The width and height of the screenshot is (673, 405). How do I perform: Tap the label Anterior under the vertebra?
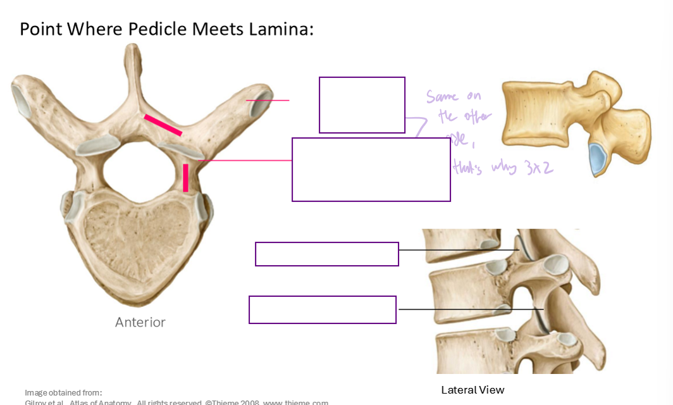pyautogui.click(x=140, y=322)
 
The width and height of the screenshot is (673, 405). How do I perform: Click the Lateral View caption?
pyautogui.click(x=472, y=390)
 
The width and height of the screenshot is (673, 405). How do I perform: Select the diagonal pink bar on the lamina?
pyautogui.click(x=163, y=125)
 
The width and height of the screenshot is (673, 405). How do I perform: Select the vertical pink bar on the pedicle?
pyautogui.click(x=185, y=177)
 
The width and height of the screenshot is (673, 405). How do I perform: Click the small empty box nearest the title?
pyautogui.click(x=362, y=105)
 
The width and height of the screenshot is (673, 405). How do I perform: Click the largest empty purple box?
pyautogui.click(x=371, y=170)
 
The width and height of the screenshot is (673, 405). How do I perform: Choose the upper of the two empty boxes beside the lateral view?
pyautogui.click(x=326, y=254)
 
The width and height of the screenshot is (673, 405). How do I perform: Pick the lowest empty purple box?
pyautogui.click(x=323, y=309)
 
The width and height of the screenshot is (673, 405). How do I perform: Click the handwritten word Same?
pyautogui.click(x=442, y=97)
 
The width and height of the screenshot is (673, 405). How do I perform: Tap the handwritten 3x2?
pyautogui.click(x=540, y=168)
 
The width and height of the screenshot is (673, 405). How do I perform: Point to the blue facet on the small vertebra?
pyautogui.click(x=596, y=159)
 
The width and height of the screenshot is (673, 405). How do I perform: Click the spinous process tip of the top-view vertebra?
pyautogui.click(x=132, y=51)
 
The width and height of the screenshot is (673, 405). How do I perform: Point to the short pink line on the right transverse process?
pyautogui.click(x=268, y=100)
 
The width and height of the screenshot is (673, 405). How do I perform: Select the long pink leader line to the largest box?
pyautogui.click(x=247, y=161)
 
